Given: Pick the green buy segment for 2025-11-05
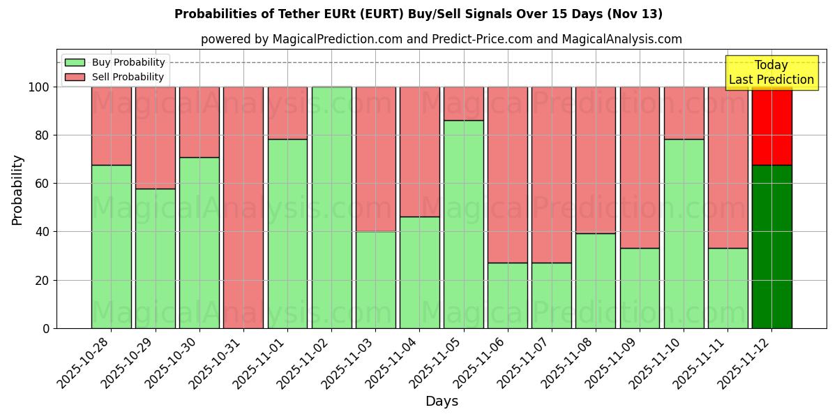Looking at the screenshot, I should (x=464, y=224).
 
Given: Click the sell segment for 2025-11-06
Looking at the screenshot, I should (x=508, y=175).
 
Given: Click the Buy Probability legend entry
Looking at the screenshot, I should (x=114, y=62).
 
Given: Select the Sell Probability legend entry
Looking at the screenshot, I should (x=114, y=77).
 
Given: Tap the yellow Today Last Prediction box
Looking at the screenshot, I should (x=771, y=73).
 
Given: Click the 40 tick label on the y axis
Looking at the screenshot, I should (x=42, y=232).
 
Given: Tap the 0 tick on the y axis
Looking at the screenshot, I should (x=46, y=328).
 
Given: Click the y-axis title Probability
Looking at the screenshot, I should (x=17, y=189).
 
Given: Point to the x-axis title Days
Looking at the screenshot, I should (x=442, y=402).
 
